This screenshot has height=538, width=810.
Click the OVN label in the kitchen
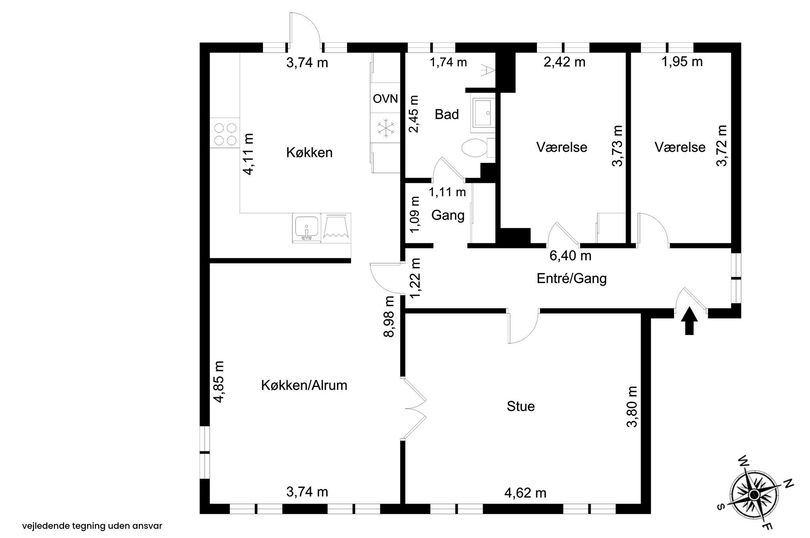click(386, 99)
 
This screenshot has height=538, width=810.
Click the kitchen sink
click(307, 228)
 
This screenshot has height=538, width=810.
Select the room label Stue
click(520, 406)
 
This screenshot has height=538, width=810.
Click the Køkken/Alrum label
click(304, 385)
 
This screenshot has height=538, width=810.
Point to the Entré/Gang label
click(572, 278)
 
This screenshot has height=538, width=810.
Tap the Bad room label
click(447, 114)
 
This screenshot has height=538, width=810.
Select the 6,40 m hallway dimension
click(570, 256)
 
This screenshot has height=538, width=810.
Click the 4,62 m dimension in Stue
click(525, 493)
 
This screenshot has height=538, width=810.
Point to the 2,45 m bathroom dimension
click(414, 114)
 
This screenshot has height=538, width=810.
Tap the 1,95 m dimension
click(682, 62)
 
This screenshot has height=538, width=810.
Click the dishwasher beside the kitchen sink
click(336, 228)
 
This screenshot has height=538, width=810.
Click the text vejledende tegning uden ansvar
click(92, 526)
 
